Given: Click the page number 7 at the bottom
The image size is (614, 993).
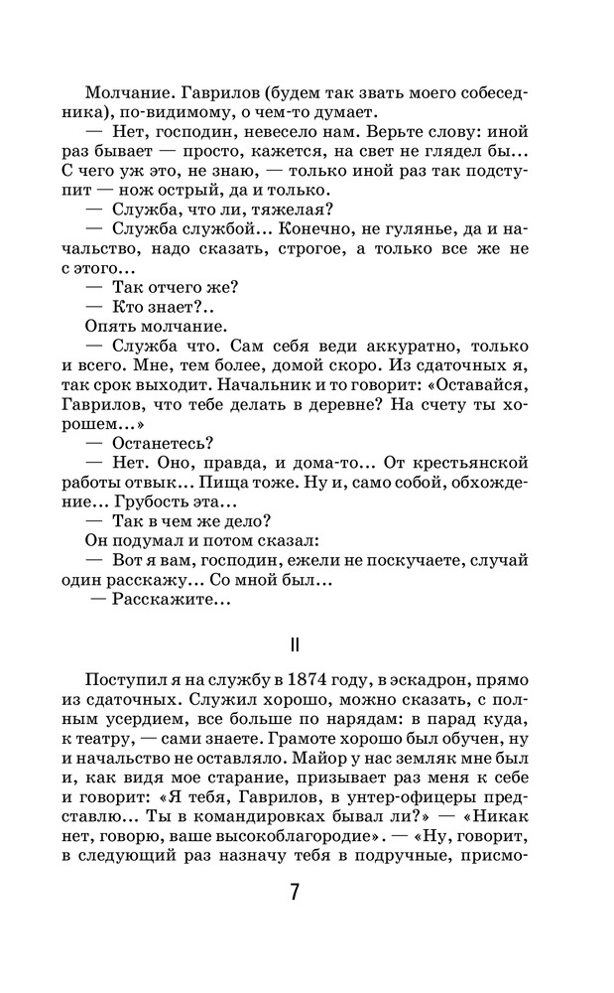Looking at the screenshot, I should tap(295, 891).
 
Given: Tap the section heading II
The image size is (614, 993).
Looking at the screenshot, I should tap(295, 644).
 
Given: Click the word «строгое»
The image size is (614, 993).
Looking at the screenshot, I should tap(311, 249).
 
